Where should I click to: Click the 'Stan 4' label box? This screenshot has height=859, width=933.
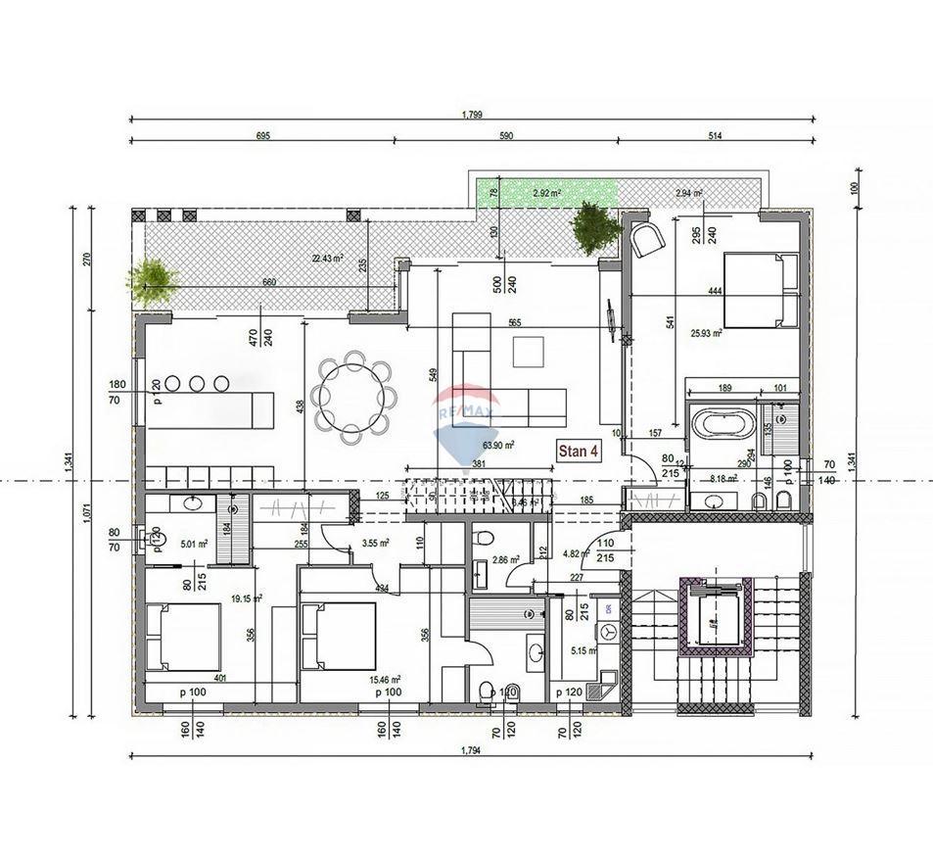[x=578, y=452]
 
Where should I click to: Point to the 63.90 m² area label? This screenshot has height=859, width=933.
[x=526, y=444]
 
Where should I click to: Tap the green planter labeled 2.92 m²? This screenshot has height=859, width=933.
[x=545, y=193]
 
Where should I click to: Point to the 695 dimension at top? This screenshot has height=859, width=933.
[x=262, y=136]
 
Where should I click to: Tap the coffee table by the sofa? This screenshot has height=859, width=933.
[x=529, y=351]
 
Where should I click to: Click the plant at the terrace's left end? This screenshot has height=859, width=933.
[x=153, y=280]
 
